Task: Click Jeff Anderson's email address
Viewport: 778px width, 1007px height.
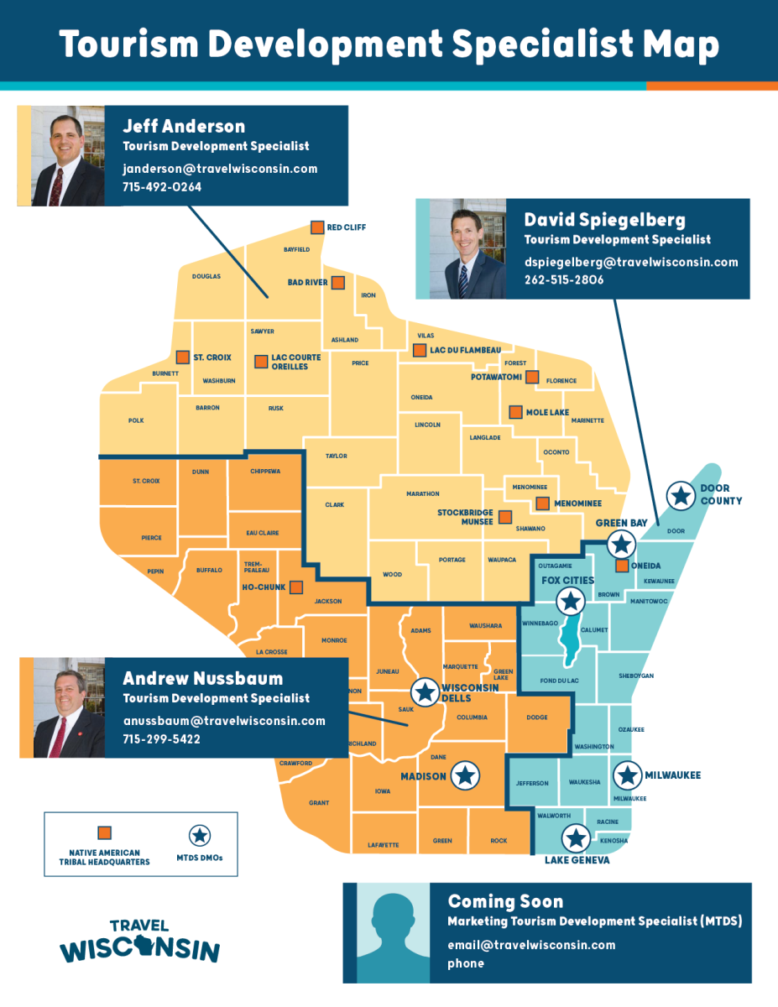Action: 220,169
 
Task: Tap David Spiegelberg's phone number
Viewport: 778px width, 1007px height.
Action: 564,279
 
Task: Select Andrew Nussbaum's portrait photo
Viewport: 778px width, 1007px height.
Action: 69,707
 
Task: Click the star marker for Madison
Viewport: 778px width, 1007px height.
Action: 464,776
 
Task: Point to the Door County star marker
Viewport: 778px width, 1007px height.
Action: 681,495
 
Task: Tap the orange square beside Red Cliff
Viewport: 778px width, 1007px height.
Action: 317,227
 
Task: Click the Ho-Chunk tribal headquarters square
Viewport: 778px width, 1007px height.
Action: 296,587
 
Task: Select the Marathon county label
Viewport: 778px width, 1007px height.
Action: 423,494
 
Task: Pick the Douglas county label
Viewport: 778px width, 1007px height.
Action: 206,276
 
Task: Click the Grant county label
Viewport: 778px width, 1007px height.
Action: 319,803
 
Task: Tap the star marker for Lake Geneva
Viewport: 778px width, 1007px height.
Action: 576,837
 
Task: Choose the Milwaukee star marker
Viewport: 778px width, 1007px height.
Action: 627,775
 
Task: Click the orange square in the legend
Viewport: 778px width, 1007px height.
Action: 105,833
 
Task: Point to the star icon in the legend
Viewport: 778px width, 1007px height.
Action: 200,835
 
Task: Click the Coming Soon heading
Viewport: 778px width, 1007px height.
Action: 505,902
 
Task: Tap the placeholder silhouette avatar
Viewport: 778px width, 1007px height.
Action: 394,933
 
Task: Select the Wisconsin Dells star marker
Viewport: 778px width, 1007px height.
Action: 425,691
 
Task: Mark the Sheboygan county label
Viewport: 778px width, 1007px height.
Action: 636,676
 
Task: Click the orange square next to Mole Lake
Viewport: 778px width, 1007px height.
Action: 515,412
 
